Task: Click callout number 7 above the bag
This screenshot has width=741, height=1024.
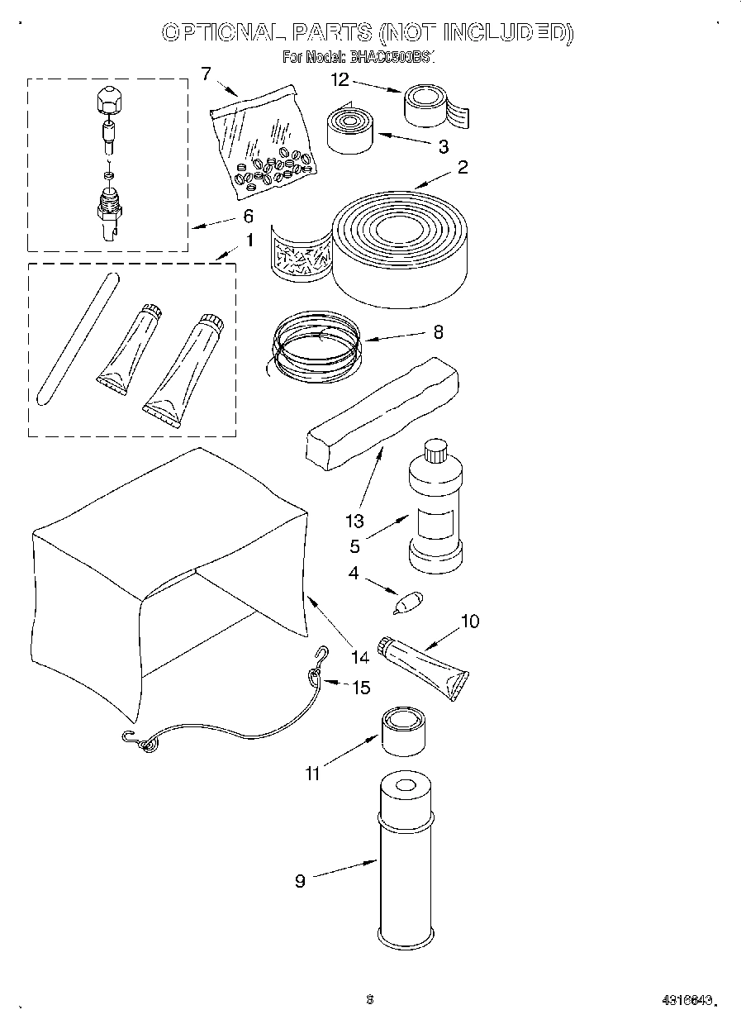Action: coord(206,74)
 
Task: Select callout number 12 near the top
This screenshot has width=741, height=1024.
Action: coord(340,80)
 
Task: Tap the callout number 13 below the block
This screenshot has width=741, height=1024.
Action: coord(354,522)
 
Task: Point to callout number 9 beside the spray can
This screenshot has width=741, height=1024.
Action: coord(300,881)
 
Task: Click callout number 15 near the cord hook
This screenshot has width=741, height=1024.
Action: coord(361,687)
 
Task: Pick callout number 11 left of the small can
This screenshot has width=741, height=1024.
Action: coord(312,774)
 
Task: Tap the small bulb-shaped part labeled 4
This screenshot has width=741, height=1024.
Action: coord(407,602)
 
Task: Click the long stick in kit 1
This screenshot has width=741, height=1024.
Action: coord(76,339)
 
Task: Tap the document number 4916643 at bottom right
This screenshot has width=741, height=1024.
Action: coord(686,1000)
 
